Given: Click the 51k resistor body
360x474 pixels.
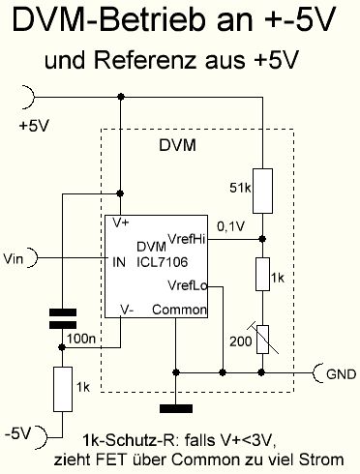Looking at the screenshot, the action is [262, 191].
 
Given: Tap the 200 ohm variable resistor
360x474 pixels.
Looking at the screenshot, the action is [262, 340].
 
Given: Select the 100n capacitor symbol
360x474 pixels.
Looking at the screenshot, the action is [63, 318].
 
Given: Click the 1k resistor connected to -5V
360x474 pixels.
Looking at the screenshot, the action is [63, 389].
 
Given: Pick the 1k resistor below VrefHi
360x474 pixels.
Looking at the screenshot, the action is [262, 274].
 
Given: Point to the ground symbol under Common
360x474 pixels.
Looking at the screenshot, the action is [176, 409].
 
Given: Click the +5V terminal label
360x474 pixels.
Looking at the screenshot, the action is [34, 126].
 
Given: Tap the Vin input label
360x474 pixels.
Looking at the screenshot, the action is [14, 258].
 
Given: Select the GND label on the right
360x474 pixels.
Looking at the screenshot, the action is [342, 374].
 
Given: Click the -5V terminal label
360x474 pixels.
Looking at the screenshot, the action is [17, 433].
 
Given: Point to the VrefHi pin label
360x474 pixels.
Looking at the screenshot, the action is [187, 239].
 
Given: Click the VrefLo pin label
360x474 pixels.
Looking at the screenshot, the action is [188, 285].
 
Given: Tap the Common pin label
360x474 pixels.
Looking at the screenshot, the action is [179, 310].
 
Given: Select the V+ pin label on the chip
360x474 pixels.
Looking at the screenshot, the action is [121, 222].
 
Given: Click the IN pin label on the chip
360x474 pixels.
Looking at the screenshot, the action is [119, 262].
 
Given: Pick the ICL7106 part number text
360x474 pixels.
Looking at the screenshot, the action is [162, 262].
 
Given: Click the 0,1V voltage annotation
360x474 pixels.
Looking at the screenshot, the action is [231, 226].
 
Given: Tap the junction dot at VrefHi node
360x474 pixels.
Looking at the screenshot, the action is [262, 239].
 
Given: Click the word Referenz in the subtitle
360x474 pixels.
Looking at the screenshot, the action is [145, 60].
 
